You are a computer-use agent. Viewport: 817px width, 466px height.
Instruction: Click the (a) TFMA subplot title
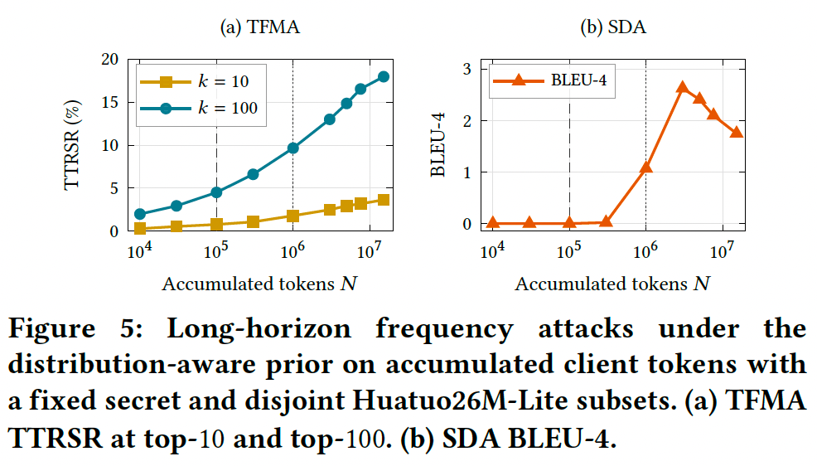click(260, 27)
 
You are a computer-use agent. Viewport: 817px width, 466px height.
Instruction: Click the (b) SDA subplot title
click(613, 27)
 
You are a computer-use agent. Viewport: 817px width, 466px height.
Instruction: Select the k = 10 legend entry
click(195, 81)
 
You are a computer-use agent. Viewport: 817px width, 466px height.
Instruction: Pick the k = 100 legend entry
click(199, 108)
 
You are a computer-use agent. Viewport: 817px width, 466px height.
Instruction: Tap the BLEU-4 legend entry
click(550, 80)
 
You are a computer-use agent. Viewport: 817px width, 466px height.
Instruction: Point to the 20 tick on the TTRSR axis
click(110, 59)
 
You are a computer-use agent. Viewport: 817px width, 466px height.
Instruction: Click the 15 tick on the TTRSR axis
click(110, 102)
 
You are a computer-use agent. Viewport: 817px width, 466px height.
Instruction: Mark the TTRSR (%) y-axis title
click(72, 145)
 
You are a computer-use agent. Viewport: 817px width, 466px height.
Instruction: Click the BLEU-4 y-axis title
click(438, 145)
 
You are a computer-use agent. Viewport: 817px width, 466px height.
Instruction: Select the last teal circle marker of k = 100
click(384, 76)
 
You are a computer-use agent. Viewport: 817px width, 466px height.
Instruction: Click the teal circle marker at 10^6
click(292, 148)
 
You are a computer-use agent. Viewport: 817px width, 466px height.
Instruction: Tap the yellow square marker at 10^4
click(140, 228)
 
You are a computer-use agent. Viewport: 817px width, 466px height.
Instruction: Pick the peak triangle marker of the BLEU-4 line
click(683, 87)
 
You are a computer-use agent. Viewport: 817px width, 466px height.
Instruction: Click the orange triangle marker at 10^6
click(646, 167)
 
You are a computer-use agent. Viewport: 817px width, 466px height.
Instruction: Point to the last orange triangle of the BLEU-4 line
click(737, 132)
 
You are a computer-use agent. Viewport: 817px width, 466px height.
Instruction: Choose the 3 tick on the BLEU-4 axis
click(467, 69)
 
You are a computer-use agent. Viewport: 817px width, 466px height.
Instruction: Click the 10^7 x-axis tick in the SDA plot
click(722, 251)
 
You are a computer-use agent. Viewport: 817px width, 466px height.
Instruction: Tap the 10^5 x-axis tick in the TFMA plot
click(215, 251)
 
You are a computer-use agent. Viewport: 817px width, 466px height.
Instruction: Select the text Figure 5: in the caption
click(75, 328)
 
